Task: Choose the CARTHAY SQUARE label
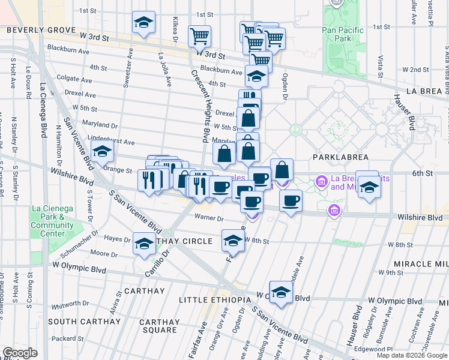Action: coord(158,326)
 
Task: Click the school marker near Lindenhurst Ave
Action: coord(103,151)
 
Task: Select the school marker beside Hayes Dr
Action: coord(143,243)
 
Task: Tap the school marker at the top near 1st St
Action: coord(143,22)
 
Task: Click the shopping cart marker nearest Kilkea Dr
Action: coord(199,35)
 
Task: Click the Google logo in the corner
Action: coord(20,353)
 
